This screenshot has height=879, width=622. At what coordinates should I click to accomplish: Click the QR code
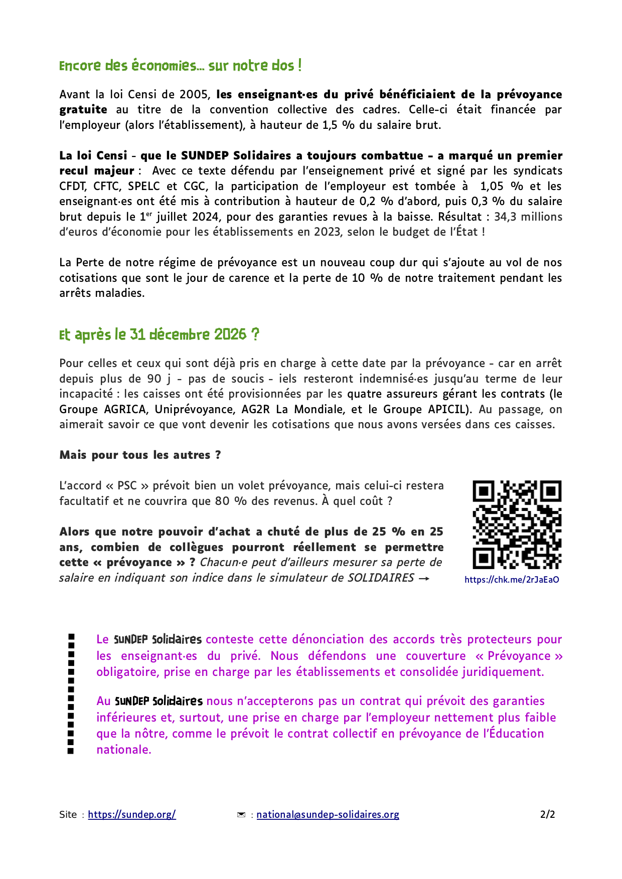(517, 524)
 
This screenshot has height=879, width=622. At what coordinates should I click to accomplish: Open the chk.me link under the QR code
(512, 580)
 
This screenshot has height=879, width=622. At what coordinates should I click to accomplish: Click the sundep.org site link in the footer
(132, 814)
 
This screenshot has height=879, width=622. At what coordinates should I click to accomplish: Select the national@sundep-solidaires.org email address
(328, 814)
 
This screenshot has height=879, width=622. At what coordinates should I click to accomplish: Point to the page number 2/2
(547, 814)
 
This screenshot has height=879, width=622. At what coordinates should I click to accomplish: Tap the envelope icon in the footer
(241, 815)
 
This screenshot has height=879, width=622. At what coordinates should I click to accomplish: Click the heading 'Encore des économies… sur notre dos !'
(180, 66)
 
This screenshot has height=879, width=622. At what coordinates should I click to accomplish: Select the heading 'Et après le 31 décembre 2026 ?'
(159, 334)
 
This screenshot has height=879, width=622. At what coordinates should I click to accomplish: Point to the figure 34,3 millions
(528, 217)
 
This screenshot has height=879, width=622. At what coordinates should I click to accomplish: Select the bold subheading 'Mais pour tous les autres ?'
(140, 455)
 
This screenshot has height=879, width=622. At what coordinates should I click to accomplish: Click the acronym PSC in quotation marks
(127, 485)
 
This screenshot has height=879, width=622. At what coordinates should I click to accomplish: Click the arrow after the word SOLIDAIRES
(424, 578)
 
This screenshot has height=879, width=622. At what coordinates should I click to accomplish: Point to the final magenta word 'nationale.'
(124, 750)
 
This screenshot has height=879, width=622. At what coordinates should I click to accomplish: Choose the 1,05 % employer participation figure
(501, 186)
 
